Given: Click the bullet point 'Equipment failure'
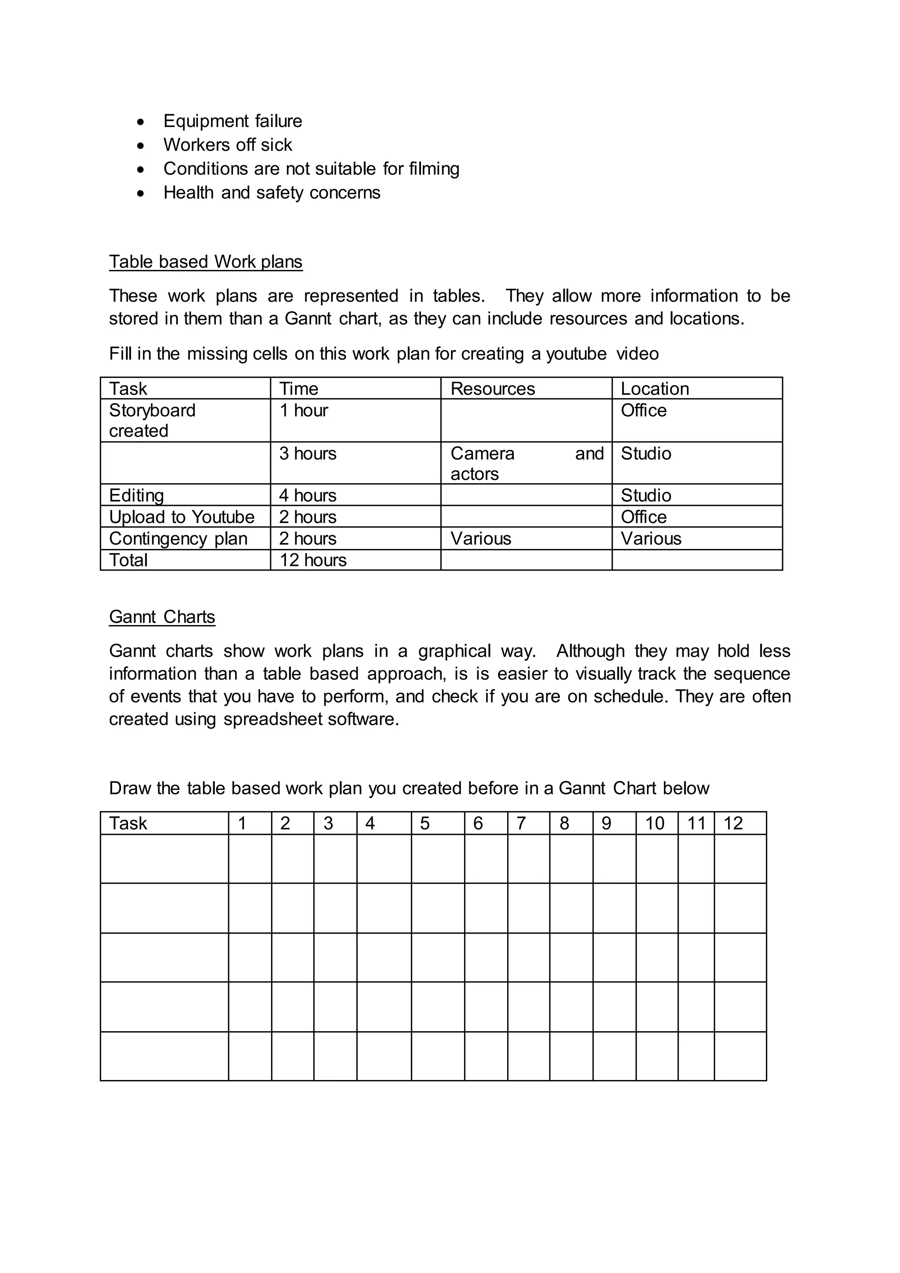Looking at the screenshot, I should click(233, 121).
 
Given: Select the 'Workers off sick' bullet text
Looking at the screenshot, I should click(227, 145).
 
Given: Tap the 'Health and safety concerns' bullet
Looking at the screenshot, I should click(272, 193).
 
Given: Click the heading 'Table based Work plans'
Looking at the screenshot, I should click(206, 262).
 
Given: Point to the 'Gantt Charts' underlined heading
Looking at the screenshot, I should click(162, 617).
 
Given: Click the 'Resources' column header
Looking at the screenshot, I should click(493, 389).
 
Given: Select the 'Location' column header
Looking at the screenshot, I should click(654, 389).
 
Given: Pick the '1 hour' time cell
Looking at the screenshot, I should click(304, 410).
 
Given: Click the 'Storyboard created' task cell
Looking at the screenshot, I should click(152, 420).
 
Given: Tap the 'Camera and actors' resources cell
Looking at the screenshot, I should click(526, 463).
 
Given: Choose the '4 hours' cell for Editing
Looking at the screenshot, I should click(308, 495).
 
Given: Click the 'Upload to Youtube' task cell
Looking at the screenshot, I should click(182, 517).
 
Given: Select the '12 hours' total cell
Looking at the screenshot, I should click(312, 560).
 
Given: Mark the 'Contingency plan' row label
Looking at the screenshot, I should click(178, 538).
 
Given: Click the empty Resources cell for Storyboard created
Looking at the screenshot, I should click(526, 420).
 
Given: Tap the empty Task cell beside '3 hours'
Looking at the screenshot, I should click(185, 463).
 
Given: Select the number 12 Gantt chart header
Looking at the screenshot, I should click(733, 823).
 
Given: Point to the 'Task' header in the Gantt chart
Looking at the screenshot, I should click(128, 823).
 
